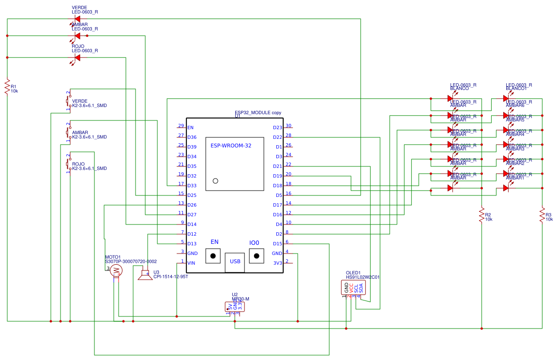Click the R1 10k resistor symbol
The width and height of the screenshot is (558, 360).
(7, 87)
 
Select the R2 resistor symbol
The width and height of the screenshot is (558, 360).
(482, 215)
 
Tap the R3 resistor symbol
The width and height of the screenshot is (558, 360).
(542, 215)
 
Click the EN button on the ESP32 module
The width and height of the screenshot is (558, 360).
(213, 255)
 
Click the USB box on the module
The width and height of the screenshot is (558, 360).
(235, 262)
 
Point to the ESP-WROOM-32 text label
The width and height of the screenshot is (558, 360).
(231, 146)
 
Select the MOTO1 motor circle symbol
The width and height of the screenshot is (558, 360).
(116, 270)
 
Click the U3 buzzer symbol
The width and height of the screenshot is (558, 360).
(144, 275)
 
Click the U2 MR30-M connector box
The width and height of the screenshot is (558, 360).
(235, 306)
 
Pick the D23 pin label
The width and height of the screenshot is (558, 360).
(277, 128)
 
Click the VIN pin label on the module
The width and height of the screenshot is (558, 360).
(192, 263)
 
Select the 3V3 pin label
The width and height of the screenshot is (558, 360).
(277, 263)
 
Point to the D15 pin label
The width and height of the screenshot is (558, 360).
(277, 244)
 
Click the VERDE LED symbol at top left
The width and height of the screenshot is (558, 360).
(77, 19)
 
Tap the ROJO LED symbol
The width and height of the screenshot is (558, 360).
(77, 58)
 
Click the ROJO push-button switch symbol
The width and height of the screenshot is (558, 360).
(68, 164)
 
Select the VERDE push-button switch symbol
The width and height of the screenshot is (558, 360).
(68, 101)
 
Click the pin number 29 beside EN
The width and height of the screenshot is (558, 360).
(181, 126)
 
